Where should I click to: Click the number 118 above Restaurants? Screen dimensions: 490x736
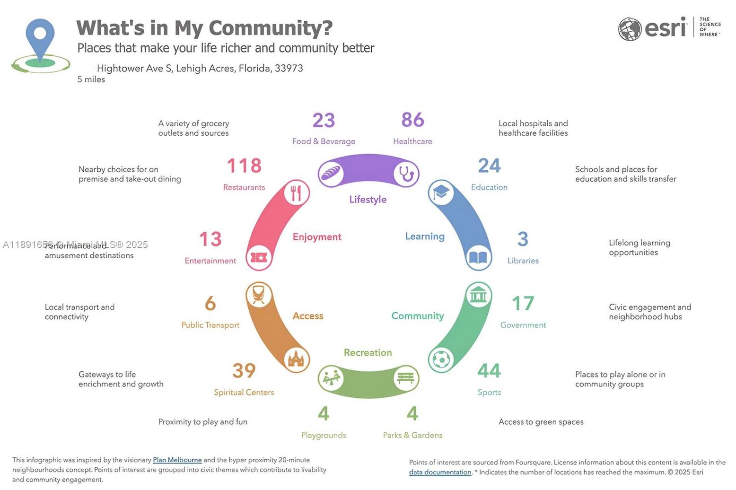click(244, 166)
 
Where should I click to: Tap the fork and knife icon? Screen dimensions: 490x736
click(296, 193)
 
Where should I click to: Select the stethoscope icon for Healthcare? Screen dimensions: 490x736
click(406, 174)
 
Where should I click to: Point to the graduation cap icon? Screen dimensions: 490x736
click(441, 192)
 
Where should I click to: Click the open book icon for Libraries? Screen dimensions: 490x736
click(478, 258)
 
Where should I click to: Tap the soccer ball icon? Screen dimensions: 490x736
click(441, 359)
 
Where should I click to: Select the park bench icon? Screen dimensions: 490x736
click(406, 378)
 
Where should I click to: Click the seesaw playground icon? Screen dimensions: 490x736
click(331, 378)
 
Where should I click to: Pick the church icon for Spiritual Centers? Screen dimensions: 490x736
click(296, 359)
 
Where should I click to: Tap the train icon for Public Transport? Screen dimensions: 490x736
click(258, 295)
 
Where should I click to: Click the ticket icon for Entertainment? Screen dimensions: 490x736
click(259, 258)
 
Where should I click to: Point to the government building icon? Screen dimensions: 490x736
click(478, 295)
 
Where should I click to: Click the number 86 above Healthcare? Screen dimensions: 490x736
click(412, 120)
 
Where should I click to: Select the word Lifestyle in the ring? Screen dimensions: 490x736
click(368, 200)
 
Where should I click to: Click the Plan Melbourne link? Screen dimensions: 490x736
click(177, 460)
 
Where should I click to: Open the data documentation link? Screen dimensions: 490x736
click(440, 472)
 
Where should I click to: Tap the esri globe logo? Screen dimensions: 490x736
click(630, 29)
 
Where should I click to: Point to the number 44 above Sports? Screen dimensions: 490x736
click(489, 371)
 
